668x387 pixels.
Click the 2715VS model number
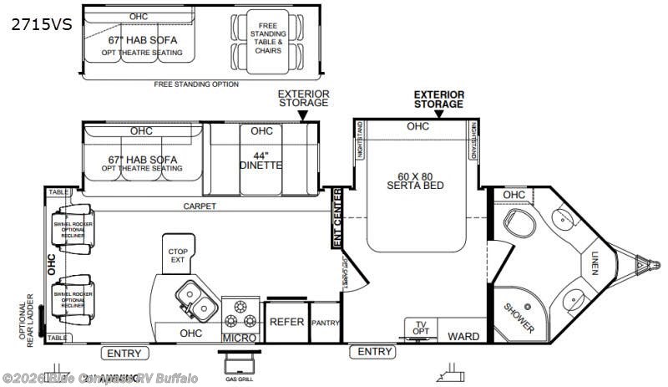coord(41,26)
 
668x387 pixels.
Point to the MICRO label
coord(239,337)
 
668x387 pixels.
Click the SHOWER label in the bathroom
coord(519,317)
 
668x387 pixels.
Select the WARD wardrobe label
coord(463,336)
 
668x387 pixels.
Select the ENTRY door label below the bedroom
coord(374,352)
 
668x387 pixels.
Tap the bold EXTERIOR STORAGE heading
coord(438,99)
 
